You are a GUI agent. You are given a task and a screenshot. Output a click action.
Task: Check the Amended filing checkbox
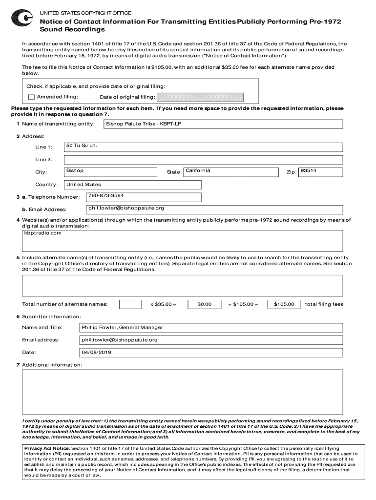coord(32,97)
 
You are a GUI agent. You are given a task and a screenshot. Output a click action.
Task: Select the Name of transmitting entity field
coord(223,124)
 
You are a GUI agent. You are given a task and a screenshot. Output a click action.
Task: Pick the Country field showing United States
coord(132,185)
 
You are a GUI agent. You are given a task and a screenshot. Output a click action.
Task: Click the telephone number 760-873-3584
coord(106,195)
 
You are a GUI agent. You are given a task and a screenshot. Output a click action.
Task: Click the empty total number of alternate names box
coord(130,304)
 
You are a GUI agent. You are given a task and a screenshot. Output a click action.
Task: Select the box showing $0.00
coord(204,304)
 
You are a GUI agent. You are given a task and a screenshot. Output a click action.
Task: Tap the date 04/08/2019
coord(96,352)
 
